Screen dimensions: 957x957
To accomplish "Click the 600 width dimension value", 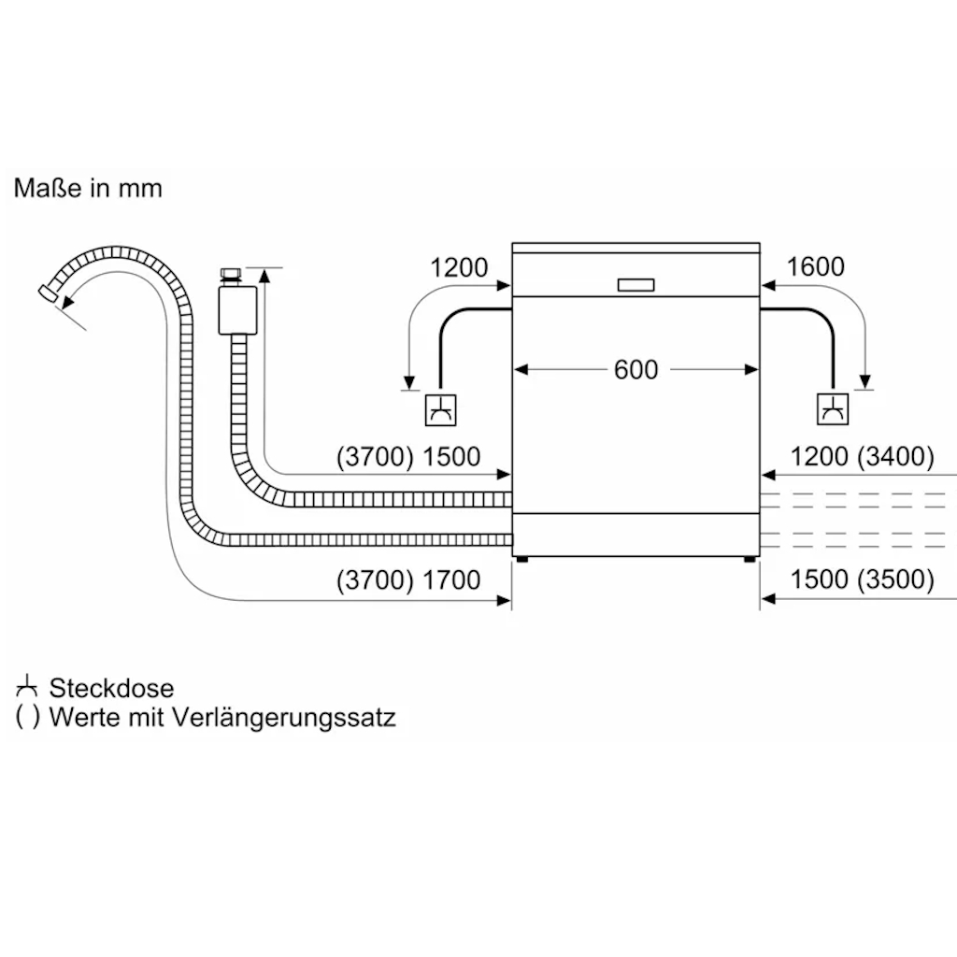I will tap(636, 370).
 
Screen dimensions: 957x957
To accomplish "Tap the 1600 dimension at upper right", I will tap(815, 267).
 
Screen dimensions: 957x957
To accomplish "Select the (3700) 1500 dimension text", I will tap(408, 457).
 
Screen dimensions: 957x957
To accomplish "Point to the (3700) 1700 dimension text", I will tap(408, 580).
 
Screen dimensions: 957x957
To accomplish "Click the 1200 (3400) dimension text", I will tap(862, 457).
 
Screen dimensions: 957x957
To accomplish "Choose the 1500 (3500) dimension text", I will tap(862, 580).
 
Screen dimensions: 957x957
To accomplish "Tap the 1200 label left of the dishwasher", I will tap(459, 267).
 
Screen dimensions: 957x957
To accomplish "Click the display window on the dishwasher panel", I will tap(636, 285).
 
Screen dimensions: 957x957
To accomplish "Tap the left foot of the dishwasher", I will tap(521, 560).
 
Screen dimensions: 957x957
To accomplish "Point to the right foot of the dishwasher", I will tap(750, 560).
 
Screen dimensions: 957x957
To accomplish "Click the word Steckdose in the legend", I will tap(111, 689).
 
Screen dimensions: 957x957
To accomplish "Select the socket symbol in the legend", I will tap(27, 688).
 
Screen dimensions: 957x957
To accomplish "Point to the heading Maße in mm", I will tap(88, 188).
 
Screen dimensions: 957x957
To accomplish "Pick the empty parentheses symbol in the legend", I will tap(28, 718).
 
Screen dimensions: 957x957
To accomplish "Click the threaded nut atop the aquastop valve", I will tap(228, 276).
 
